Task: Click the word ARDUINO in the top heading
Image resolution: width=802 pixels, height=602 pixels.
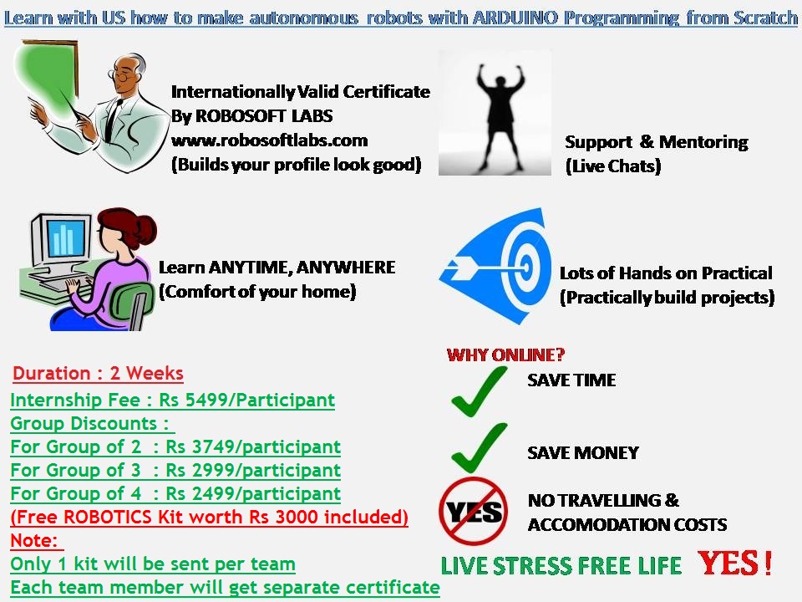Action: coord(515,18)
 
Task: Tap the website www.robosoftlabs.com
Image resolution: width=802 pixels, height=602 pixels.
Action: coord(270,140)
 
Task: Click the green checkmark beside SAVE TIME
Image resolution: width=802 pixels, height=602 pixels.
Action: coord(478,391)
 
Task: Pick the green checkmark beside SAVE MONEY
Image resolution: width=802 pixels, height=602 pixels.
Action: coord(478,447)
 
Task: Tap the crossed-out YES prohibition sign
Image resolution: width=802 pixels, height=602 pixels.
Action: coord(473,511)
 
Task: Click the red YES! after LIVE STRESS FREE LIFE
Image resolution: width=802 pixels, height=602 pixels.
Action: coord(735,563)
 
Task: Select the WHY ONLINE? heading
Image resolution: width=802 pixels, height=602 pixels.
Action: coord(505,355)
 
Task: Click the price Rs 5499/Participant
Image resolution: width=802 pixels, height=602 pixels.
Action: coord(246,400)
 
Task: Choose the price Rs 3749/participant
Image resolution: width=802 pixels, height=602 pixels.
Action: coord(253,446)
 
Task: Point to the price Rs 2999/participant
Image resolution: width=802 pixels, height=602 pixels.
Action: coord(253,470)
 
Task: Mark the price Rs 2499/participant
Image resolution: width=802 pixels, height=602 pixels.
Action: coord(253,493)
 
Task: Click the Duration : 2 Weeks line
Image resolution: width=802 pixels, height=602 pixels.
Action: coord(98,373)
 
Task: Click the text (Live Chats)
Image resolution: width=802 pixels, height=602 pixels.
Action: coord(613,166)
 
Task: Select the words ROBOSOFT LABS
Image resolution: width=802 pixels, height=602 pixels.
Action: coord(264,115)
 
